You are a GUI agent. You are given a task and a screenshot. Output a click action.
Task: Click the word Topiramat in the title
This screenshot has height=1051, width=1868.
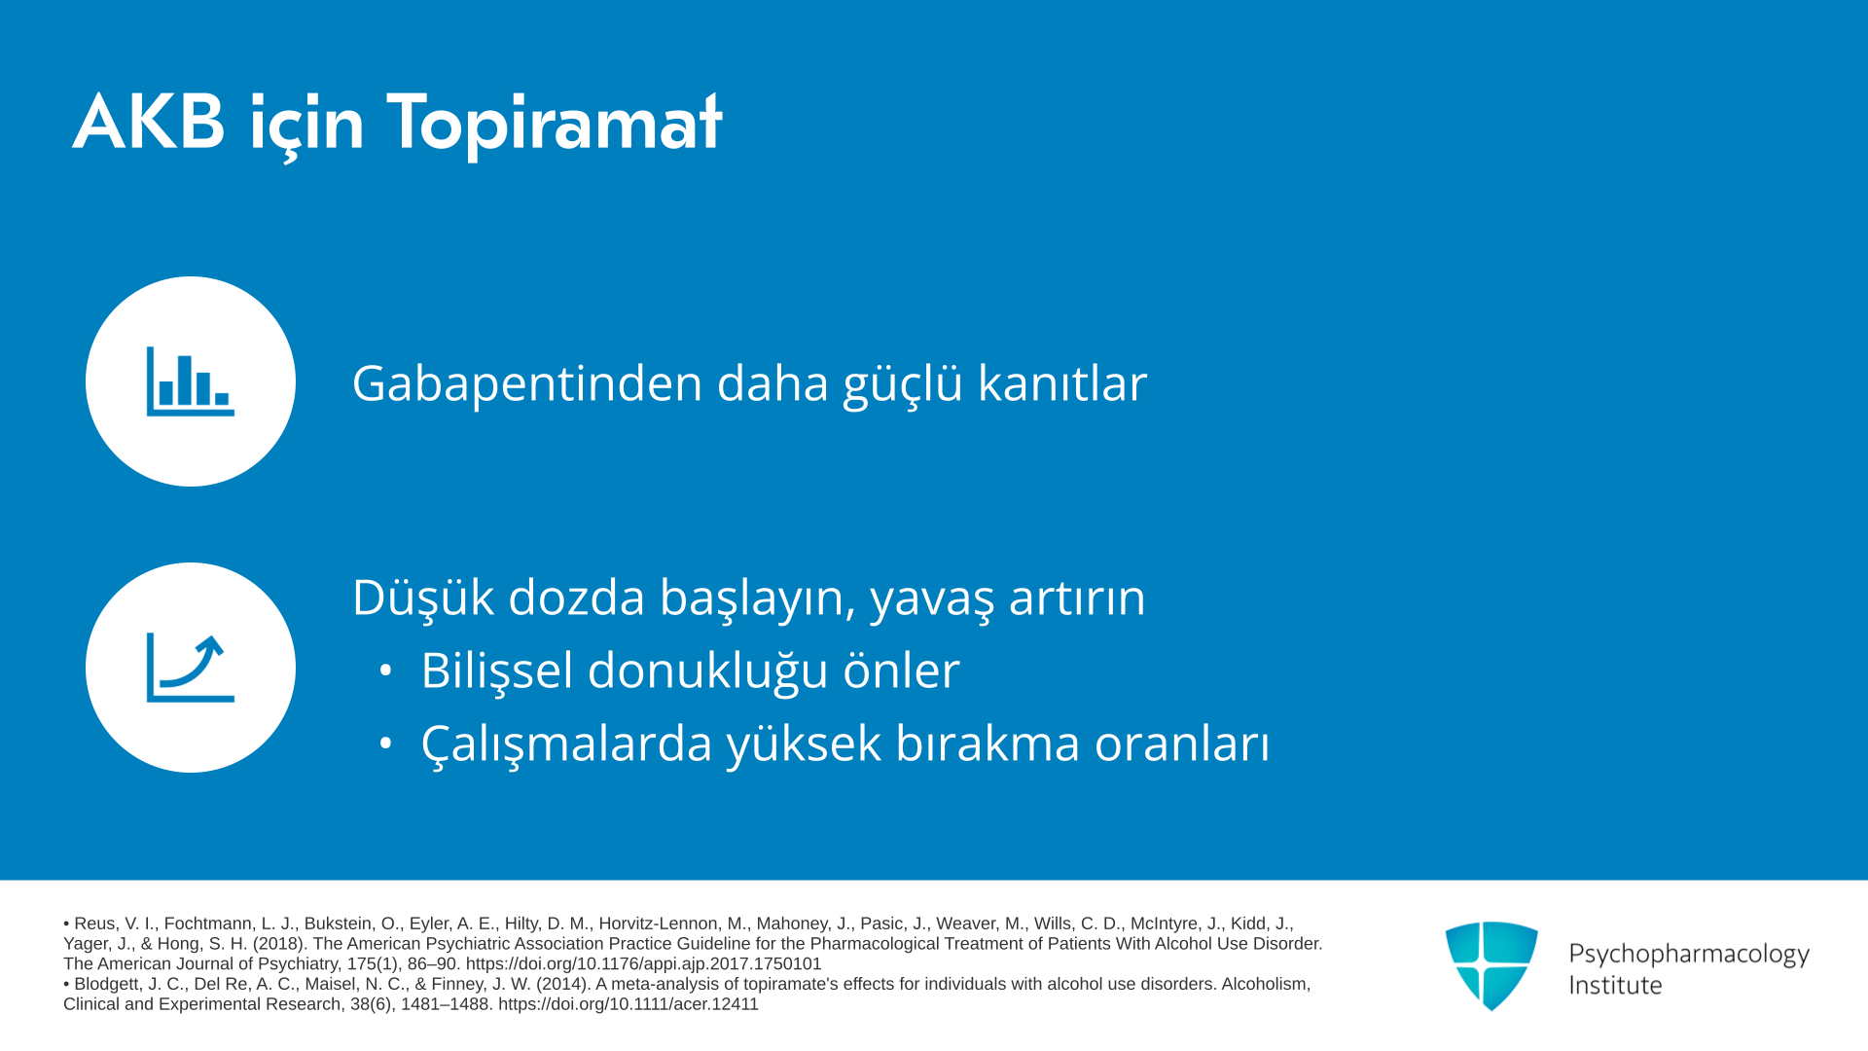tap(555, 124)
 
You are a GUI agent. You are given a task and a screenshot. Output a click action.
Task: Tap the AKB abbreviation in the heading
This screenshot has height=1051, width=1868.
tap(149, 123)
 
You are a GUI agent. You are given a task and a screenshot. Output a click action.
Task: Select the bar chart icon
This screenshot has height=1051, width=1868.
tap(191, 381)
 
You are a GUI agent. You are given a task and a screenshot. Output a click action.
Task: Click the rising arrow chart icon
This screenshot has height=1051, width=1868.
tap(191, 668)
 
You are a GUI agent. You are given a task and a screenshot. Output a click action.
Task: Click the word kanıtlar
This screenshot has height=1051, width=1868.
tap(1062, 382)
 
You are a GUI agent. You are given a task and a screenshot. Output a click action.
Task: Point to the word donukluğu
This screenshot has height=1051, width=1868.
tap(707, 670)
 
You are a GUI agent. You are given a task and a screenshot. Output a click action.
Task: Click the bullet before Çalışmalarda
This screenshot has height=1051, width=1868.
tap(386, 743)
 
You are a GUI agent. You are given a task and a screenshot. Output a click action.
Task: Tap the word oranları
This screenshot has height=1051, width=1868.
tap(1182, 744)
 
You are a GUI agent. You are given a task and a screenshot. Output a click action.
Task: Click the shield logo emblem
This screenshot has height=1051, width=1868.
tap(1491, 965)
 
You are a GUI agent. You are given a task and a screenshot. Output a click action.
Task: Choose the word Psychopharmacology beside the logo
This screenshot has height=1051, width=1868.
tap(1689, 955)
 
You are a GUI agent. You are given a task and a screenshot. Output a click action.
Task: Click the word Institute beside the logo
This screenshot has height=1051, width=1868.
tap(1616, 985)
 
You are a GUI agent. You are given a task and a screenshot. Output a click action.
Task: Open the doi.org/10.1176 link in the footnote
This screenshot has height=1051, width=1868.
tap(644, 963)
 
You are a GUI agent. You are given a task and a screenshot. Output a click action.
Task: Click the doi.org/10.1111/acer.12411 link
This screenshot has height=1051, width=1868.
tap(629, 1004)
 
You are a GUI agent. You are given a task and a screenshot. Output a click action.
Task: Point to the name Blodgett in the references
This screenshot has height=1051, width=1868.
tap(107, 984)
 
